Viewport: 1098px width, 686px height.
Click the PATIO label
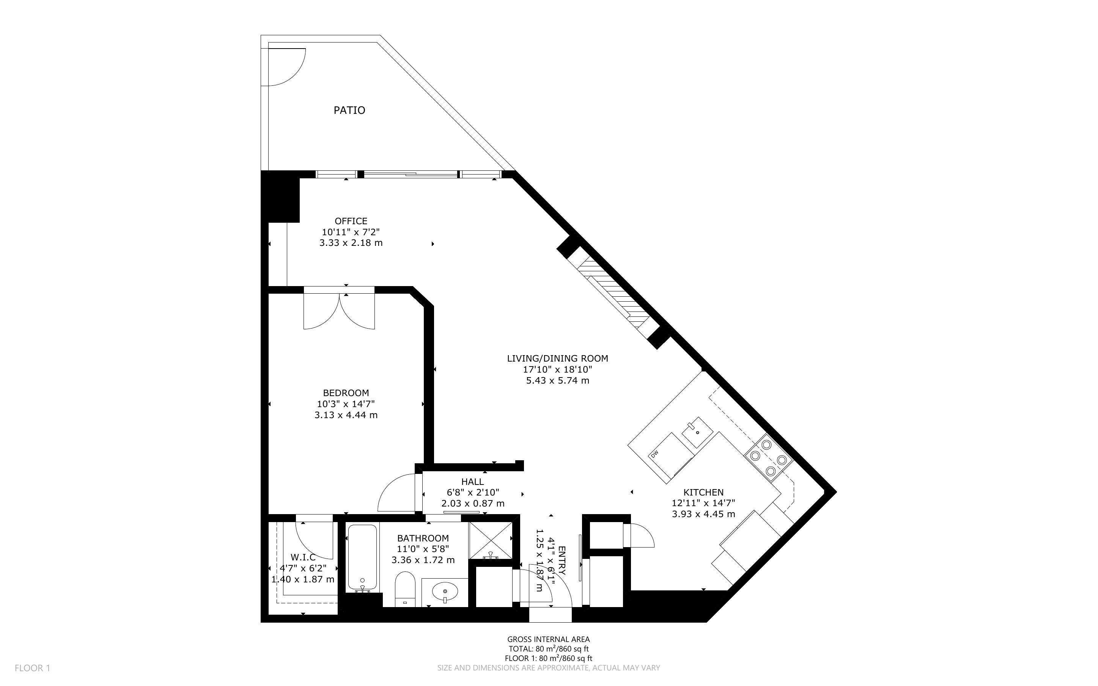point(349,110)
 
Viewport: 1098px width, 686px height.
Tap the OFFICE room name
point(351,221)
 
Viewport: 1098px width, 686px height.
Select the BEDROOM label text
point(346,393)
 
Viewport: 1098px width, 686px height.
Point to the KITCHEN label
point(703,492)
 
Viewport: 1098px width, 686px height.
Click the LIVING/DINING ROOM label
point(557,359)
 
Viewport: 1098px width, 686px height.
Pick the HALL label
point(473,482)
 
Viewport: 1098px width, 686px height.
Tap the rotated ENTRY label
point(562,560)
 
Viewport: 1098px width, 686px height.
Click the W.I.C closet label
point(303,557)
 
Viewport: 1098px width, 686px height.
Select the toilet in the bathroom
point(405,588)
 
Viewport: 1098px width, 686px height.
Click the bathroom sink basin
point(445,592)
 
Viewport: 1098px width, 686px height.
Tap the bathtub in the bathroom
point(362,559)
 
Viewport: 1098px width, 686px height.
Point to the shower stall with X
point(490,541)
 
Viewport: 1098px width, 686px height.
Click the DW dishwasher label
point(654,455)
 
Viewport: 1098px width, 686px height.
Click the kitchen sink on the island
point(697,432)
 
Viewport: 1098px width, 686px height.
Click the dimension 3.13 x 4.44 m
point(346,415)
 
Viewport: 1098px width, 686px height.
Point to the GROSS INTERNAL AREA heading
point(548,640)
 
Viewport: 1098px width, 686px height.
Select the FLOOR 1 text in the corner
point(33,668)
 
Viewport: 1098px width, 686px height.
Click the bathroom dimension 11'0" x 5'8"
point(423,549)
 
